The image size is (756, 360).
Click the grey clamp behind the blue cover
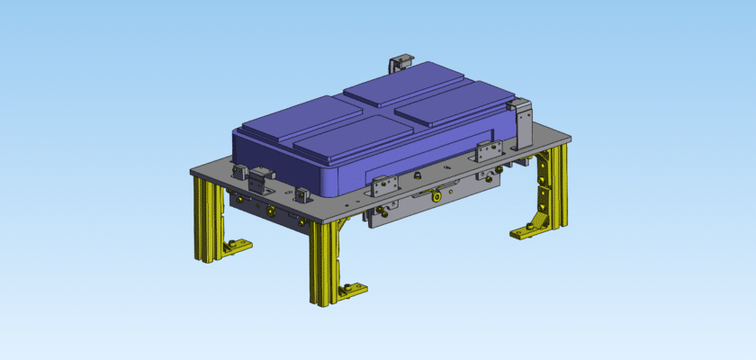click(x=398, y=64)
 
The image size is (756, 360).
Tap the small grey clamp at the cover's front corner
click(x=301, y=193)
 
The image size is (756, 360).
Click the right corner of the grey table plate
click(x=571, y=137)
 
